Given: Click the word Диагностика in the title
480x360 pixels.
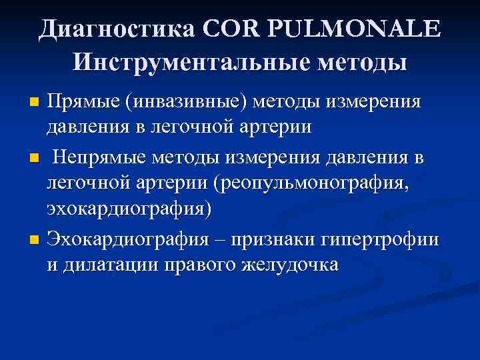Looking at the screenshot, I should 118,29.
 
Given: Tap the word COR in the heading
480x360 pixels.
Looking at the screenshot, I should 232,29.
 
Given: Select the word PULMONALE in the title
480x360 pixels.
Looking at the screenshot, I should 354,29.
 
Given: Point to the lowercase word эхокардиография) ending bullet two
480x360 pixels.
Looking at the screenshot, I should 129,208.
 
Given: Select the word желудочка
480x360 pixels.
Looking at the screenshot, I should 291,264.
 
